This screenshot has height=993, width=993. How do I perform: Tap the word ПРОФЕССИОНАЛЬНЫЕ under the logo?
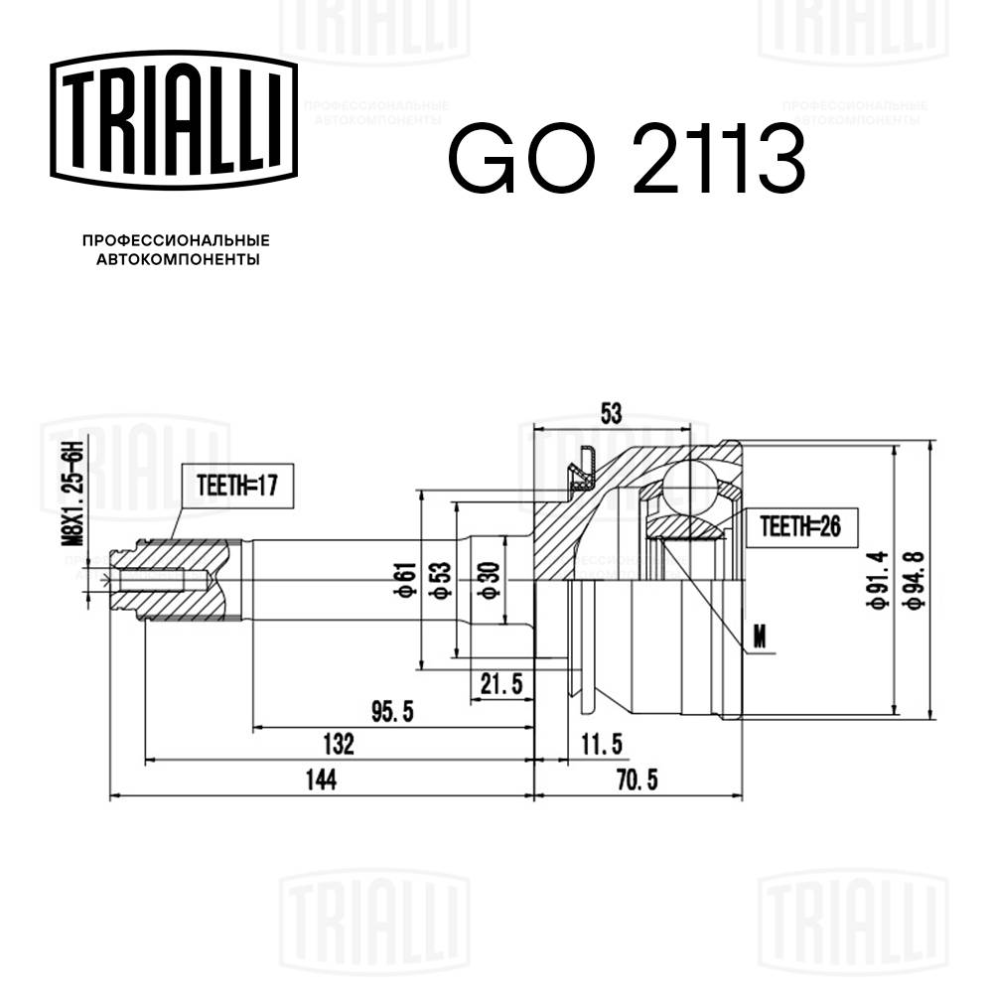tap(175, 240)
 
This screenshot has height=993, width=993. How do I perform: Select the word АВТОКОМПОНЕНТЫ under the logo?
tap(176, 260)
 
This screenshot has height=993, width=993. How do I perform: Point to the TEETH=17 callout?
tap(236, 487)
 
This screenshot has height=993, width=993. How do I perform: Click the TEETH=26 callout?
tap(800, 526)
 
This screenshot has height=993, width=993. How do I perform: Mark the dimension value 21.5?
tap(500, 684)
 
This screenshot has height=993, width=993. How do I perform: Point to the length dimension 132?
tap(338, 744)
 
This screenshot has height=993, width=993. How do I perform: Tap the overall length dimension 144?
tap(320, 780)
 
